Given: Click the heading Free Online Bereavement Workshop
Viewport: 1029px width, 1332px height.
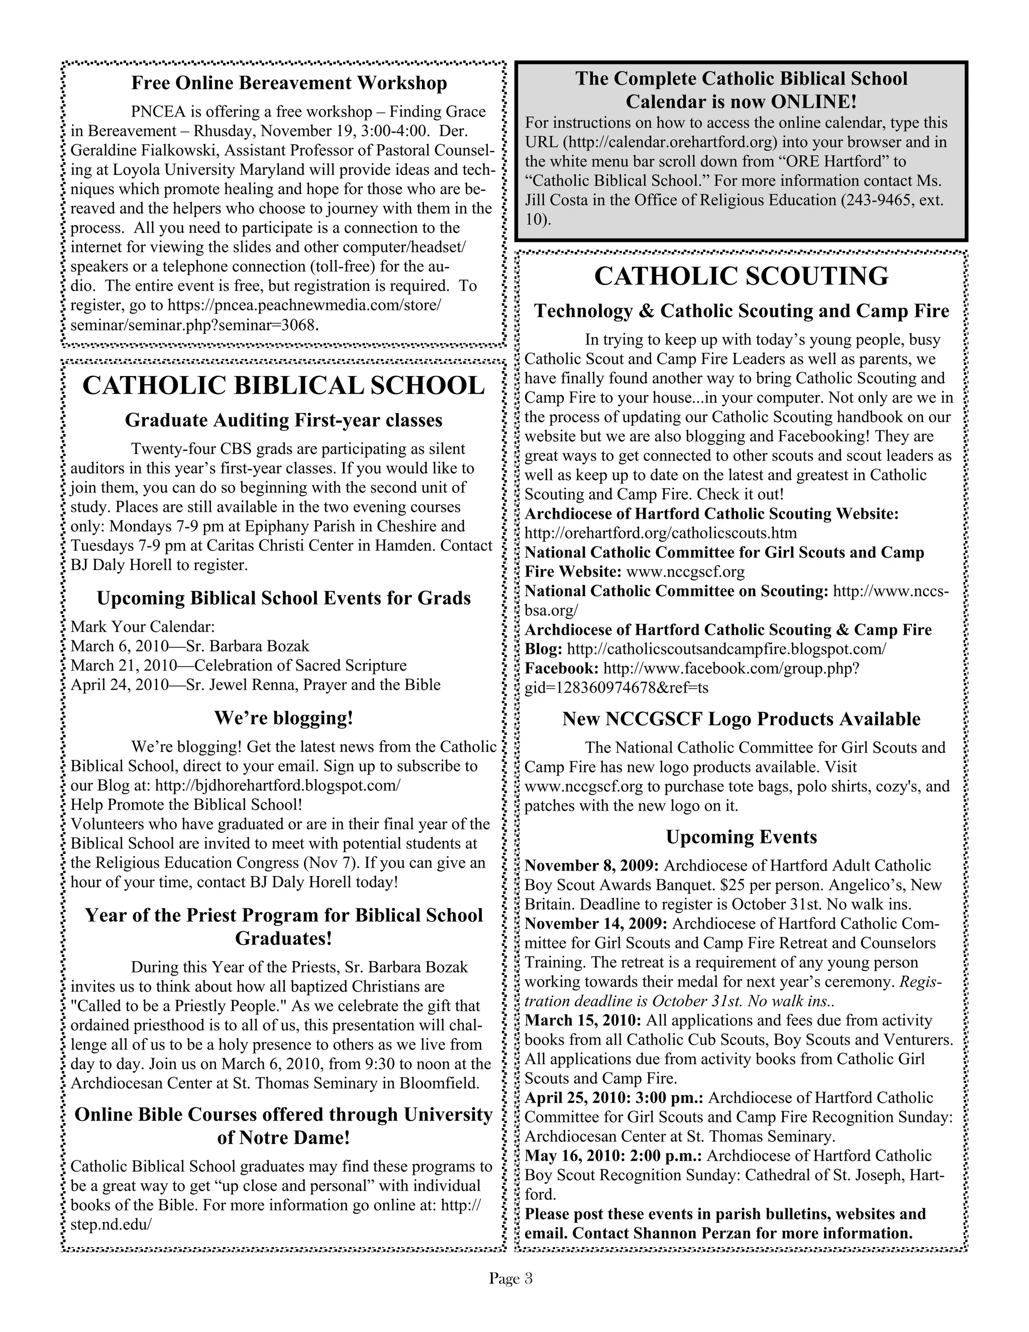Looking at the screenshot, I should (x=289, y=83).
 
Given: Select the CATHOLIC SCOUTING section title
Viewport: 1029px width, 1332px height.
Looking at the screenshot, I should (x=741, y=276).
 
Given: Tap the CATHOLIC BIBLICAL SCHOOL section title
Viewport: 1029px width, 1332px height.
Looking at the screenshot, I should (x=283, y=386).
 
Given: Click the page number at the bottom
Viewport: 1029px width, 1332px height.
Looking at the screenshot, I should (x=510, y=1278).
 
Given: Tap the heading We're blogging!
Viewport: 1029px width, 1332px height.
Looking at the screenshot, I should (x=283, y=718).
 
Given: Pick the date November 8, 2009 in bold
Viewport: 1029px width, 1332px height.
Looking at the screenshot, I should (x=591, y=866).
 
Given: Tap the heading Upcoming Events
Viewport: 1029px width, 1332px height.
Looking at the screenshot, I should (x=741, y=837).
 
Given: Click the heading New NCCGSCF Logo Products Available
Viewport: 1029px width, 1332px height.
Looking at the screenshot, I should (x=741, y=719).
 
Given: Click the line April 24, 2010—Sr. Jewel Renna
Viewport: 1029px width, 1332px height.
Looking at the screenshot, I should (x=255, y=685).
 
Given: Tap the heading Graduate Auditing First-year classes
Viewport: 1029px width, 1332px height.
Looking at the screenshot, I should (x=283, y=420).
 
